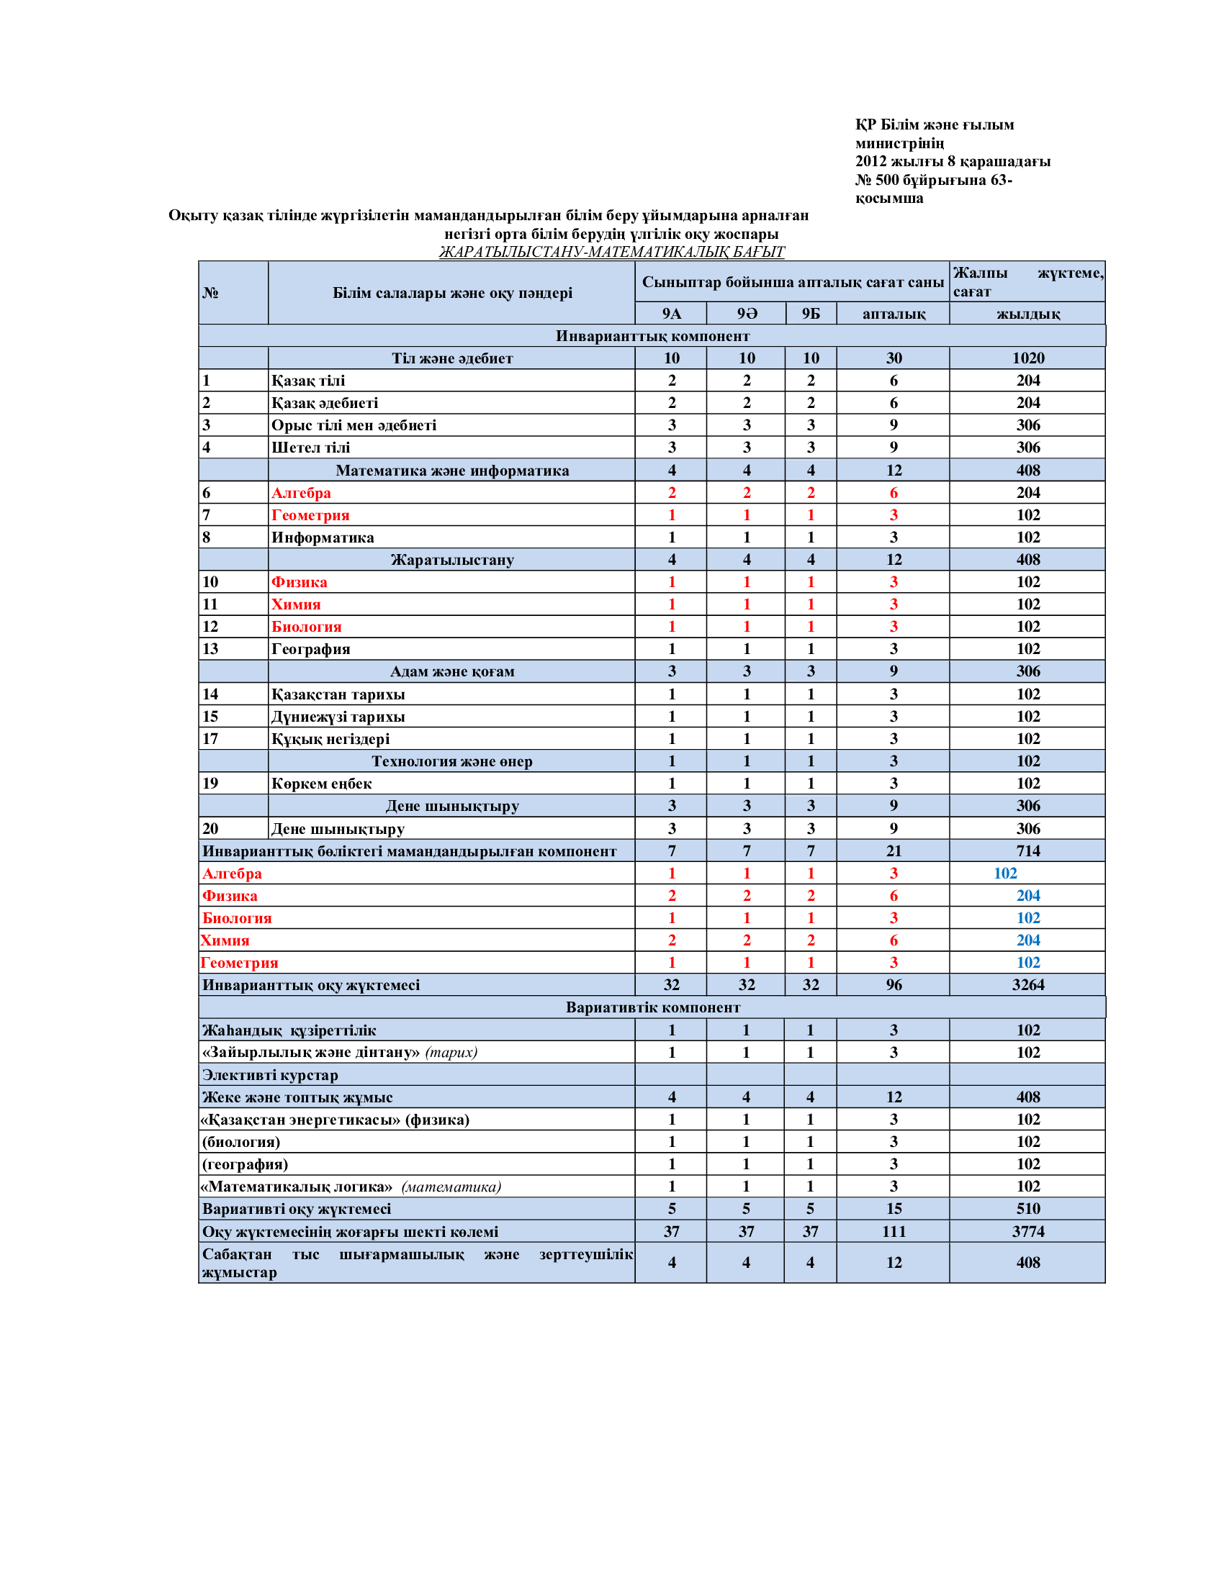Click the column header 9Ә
tap(746, 314)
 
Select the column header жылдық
tap(1027, 314)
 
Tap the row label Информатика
tap(323, 537)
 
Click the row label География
tap(310, 649)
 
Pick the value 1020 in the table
tap(1027, 358)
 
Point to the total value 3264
tap(1027, 985)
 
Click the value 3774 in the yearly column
tap(1027, 1231)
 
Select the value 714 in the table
tap(1027, 851)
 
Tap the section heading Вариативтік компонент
tap(652, 1007)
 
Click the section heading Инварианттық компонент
tap(652, 336)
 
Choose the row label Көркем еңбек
tap(321, 784)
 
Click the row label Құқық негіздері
tap(330, 738)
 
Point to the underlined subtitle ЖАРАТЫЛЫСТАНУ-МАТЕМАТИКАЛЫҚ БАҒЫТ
tap(611, 252)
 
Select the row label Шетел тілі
tap(310, 448)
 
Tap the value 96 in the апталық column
tap(894, 985)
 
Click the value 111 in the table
tap(894, 1231)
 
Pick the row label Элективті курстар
tap(270, 1075)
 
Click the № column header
tap(210, 293)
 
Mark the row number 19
tap(210, 784)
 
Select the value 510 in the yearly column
tap(1027, 1209)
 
